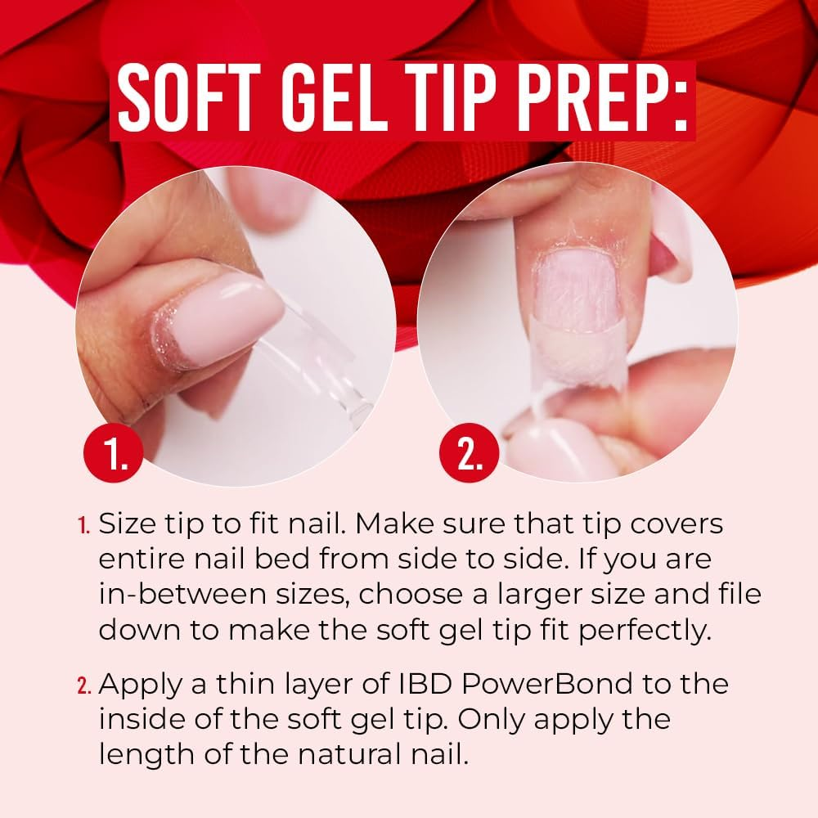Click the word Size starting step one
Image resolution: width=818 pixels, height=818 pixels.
127,524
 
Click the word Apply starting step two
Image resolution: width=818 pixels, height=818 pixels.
137,684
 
